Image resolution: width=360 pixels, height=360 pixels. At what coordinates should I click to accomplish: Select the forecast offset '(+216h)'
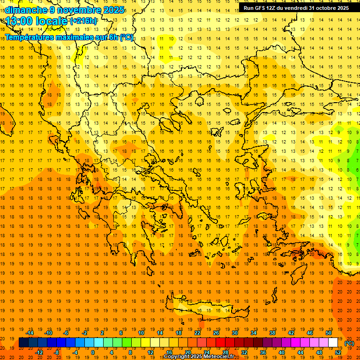pos(83,21)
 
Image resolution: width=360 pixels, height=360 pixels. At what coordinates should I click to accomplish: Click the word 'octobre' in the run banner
pos(322,8)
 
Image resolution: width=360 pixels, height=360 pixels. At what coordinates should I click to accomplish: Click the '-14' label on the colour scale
pos(30,332)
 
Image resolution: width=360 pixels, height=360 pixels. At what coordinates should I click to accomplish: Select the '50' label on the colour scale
pos(328,332)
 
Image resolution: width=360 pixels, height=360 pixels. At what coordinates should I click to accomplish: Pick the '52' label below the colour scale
pos(338,352)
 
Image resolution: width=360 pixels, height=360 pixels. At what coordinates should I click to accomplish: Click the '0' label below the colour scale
pos(92,352)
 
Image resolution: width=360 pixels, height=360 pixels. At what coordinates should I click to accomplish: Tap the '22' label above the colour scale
pos(197,332)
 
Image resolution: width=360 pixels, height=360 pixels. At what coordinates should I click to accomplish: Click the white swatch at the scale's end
pos(333,342)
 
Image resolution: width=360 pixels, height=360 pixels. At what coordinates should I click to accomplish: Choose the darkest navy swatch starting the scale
pos(23,342)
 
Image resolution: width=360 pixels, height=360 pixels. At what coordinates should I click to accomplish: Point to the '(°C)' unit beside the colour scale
pos(349,343)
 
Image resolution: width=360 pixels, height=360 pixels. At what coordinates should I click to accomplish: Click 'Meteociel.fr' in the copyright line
pos(218,357)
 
